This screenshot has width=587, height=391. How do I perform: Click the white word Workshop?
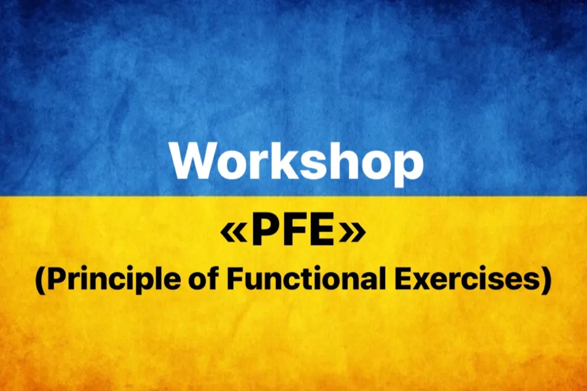click(x=296, y=161)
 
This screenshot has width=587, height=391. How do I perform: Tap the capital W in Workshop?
click(x=193, y=161)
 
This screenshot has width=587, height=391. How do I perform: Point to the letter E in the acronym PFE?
click(x=323, y=233)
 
